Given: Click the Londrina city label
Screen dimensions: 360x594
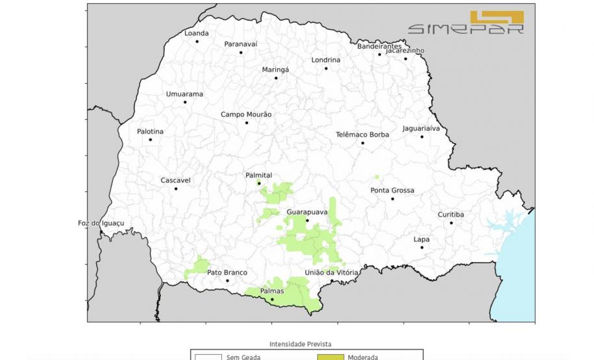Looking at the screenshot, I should tap(325, 60).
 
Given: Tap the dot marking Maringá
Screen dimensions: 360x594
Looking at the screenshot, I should tap(276, 78).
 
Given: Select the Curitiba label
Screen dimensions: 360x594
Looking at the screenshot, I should tap(451, 214).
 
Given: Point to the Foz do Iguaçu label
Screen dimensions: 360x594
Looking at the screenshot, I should tap(101, 223).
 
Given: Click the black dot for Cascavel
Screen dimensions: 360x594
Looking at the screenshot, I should tap(176, 189).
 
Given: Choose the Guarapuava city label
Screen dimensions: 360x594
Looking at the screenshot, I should tap(306, 211).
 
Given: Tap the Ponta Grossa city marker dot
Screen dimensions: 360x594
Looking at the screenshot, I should tap(392, 198).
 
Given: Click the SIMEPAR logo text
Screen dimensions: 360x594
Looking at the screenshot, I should tap(465, 29).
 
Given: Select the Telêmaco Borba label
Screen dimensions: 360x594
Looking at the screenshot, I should tap(362, 134).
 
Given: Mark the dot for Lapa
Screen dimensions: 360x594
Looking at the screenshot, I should tap(421, 247).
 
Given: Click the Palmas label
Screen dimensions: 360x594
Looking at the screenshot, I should tap(272, 291).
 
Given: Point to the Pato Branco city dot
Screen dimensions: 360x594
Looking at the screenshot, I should tap(227, 281).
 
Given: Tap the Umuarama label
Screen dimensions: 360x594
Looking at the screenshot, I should tap(184, 94).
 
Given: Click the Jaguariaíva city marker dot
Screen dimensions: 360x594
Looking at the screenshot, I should tap(421, 137).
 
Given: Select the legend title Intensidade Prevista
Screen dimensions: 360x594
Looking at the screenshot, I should tap(299, 344).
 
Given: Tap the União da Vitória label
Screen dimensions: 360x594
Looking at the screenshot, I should tap(331, 272).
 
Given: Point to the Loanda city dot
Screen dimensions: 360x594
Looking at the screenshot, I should tap(197, 42).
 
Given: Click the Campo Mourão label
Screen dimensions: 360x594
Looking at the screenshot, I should tap(246, 114).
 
